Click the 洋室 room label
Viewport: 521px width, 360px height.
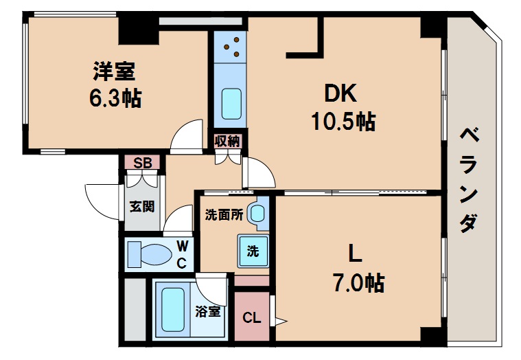(x=114, y=71)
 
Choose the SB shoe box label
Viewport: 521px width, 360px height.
(x=142, y=163)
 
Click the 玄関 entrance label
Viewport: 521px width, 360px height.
(x=142, y=206)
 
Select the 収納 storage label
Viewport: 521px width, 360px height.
(x=227, y=142)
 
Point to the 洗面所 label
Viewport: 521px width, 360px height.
(x=224, y=214)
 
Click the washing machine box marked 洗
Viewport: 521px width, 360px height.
(x=252, y=251)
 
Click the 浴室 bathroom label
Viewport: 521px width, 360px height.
(x=208, y=311)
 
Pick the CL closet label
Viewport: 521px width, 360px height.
(x=252, y=318)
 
